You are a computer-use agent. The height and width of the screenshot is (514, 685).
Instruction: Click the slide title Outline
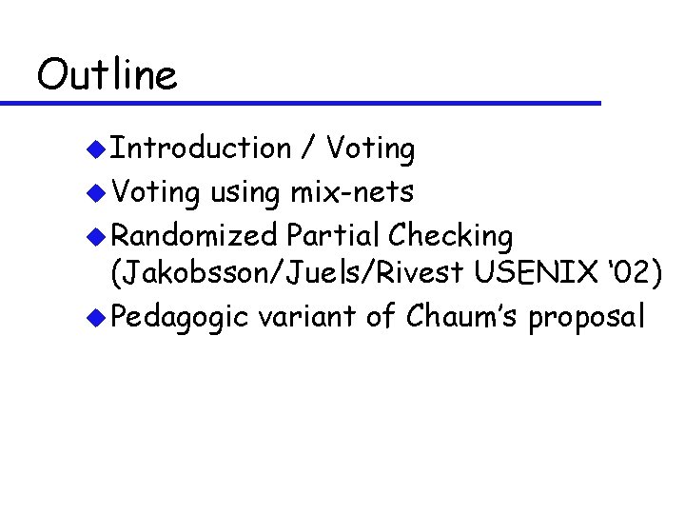[107, 74]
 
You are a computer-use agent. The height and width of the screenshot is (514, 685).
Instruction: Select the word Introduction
[201, 148]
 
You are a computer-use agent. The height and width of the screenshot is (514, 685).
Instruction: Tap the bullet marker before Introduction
[94, 149]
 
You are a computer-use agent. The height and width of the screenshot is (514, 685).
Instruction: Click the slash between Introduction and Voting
[308, 149]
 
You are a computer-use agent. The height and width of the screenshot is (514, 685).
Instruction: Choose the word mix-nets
[353, 192]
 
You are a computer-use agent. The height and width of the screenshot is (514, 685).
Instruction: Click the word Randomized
[194, 234]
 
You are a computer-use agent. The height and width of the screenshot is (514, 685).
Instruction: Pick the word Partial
[332, 234]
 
